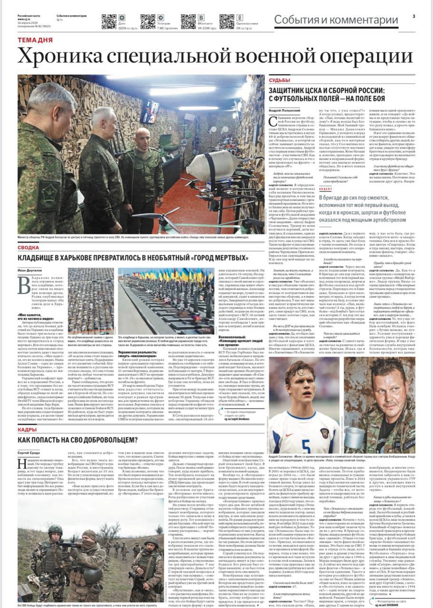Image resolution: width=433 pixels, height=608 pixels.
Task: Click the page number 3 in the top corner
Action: pyautogui.click(x=414, y=16)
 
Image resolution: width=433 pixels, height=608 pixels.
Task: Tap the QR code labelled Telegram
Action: pyautogui.click(x=148, y=21)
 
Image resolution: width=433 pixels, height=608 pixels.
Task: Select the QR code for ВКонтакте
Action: pyautogui.click(x=188, y=21)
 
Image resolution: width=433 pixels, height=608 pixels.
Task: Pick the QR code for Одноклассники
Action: pyautogui.click(x=227, y=21)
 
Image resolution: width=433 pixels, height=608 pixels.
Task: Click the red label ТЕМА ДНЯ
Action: pyautogui.click(x=35, y=40)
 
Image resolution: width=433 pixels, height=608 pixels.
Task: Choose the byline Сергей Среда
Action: pyautogui.click(x=28, y=453)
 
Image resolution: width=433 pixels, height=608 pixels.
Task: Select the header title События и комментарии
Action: pyautogui.click(x=336, y=20)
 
